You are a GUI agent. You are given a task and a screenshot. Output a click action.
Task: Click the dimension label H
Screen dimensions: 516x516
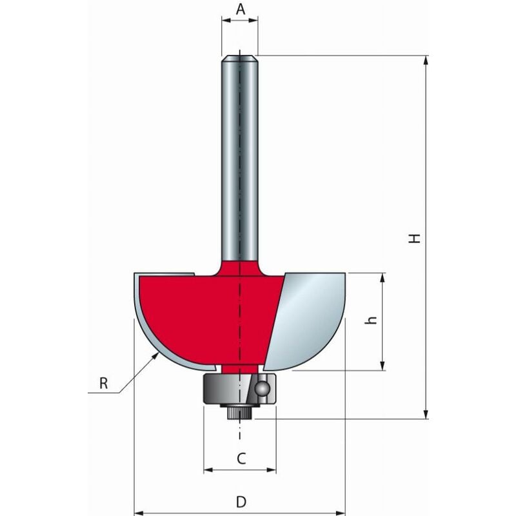pyautogui.click(x=416, y=238)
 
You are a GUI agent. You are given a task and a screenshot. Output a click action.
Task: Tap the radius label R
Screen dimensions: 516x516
pyautogui.click(x=103, y=383)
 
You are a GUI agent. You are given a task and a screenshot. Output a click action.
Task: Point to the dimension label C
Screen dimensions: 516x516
pyautogui.click(x=240, y=459)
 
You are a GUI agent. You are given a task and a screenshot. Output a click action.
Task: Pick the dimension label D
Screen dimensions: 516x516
pyautogui.click(x=240, y=501)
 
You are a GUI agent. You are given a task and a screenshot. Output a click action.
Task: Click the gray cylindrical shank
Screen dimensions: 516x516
pyautogui.click(x=239, y=161)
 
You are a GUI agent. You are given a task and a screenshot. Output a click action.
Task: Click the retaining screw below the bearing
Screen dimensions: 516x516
pyautogui.click(x=239, y=413)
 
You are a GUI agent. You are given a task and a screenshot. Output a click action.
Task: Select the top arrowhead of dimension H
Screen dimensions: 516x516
pyautogui.click(x=426, y=60)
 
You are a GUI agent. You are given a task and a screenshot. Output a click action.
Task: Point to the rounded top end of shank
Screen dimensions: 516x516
pyautogui.click(x=239, y=59)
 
